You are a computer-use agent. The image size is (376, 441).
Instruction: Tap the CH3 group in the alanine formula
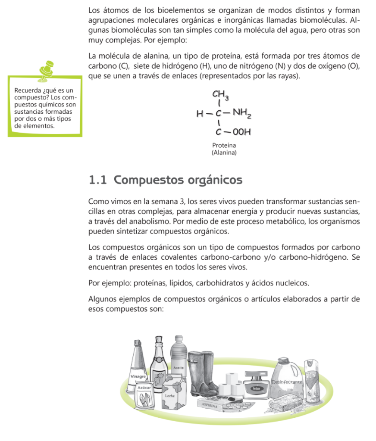pyautogui.click(x=220, y=95)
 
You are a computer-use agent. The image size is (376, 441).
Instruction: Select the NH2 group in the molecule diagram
pyautogui.click(x=242, y=114)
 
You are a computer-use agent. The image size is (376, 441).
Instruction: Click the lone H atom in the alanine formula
pyautogui.click(x=199, y=115)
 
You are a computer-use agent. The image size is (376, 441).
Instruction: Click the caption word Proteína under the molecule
pyautogui.click(x=224, y=146)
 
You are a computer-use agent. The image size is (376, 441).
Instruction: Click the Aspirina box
pyautogui.click(x=212, y=405)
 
